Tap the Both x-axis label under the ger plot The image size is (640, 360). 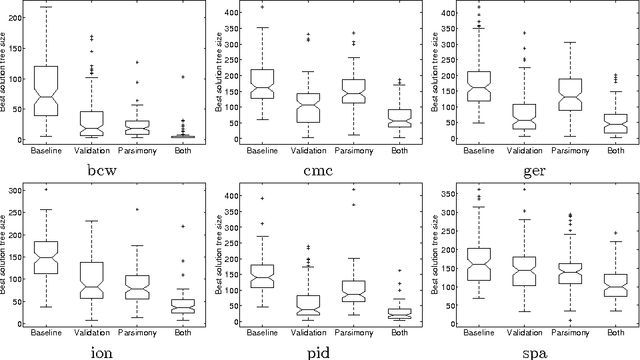pyautogui.click(x=609, y=149)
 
